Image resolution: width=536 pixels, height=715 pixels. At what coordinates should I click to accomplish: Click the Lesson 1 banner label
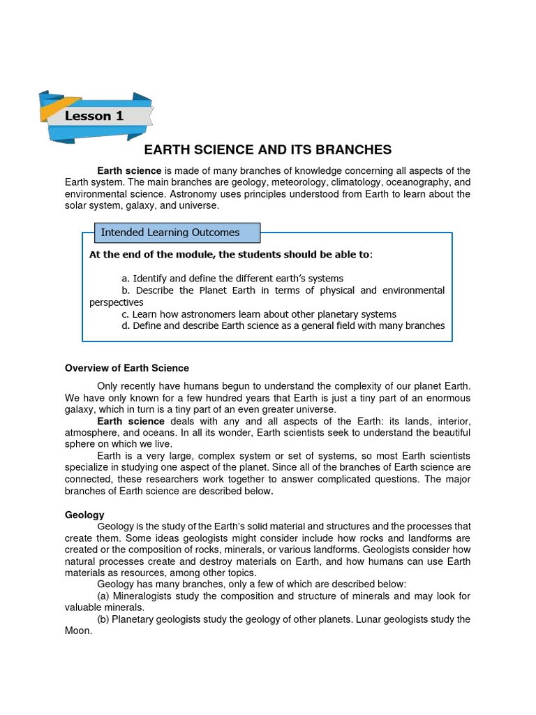point(94,116)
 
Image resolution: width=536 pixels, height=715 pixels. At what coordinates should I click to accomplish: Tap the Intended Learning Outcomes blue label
point(170,233)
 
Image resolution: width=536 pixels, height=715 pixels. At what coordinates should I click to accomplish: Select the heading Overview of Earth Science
point(126,368)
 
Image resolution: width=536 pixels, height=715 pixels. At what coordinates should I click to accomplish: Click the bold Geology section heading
point(84,515)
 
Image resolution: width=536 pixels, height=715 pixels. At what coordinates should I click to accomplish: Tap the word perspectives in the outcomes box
point(117,302)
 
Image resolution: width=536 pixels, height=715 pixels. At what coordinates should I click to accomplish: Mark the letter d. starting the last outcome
point(126,326)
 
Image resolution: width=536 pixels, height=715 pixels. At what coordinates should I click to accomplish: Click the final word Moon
point(77,631)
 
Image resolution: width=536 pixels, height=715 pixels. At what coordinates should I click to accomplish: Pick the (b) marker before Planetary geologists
point(104,619)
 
